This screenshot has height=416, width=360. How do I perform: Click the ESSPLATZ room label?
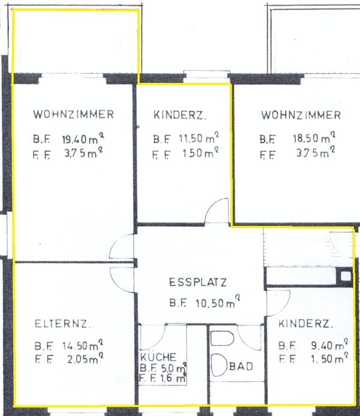pyautogui.click(x=198, y=282)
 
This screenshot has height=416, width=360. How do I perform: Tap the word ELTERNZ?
pyautogui.click(x=63, y=325)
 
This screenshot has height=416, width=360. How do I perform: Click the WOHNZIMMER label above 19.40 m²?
pyautogui.click(x=73, y=114)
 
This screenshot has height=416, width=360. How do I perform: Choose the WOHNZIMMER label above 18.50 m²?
pyautogui.click(x=301, y=115)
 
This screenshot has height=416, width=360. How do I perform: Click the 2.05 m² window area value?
pyautogui.click(x=81, y=359)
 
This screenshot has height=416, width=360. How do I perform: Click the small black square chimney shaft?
pyautogui.click(x=346, y=276)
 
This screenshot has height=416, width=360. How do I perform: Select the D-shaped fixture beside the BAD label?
pyautogui.click(x=220, y=365)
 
